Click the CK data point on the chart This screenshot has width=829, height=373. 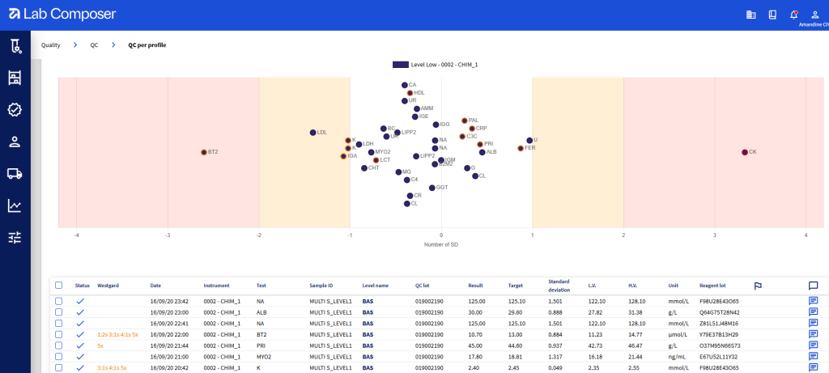pos(744,152)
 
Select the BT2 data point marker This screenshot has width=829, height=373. pos(204,152)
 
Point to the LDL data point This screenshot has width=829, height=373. pos(312,132)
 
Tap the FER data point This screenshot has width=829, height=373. pos(521,148)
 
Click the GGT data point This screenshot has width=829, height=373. pos(432,188)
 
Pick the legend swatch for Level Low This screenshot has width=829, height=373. pos(400,64)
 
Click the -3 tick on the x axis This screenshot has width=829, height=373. pos(168,235)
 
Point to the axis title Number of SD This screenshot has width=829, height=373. pos(441,244)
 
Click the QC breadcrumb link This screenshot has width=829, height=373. pos(94,45)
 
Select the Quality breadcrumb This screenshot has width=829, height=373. pos(51,45)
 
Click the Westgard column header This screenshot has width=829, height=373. pos(108,286)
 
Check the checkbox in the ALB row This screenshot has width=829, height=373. pos(58,312)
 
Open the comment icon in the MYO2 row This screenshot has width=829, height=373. pos(813,355)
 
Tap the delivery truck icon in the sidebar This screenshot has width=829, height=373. pos(15,173)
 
